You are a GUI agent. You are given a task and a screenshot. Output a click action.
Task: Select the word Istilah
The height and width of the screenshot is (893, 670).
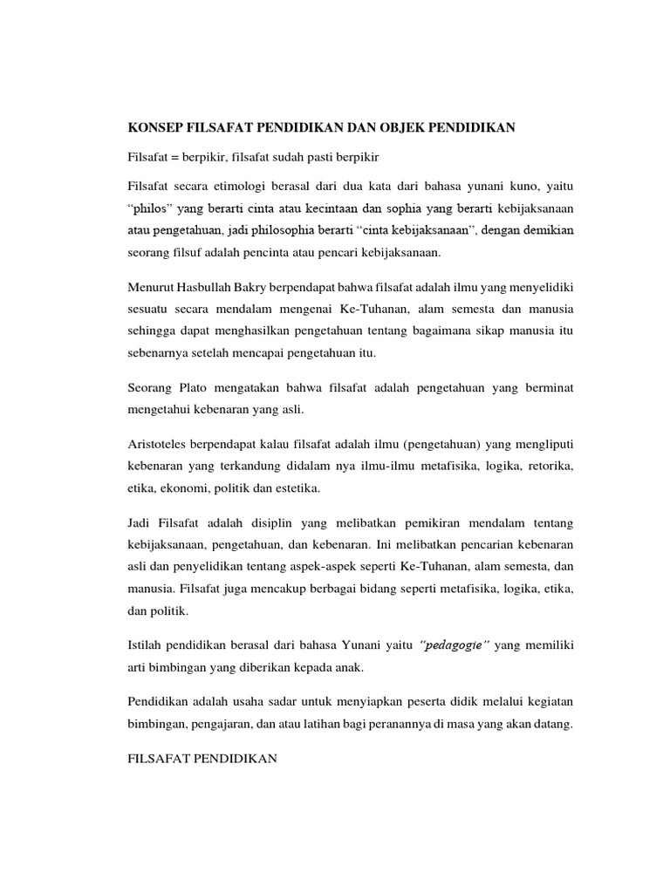coord(147,644)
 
